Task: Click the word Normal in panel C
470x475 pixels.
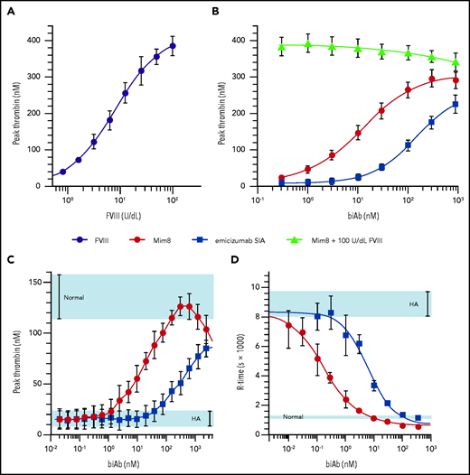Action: (x=74, y=296)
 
